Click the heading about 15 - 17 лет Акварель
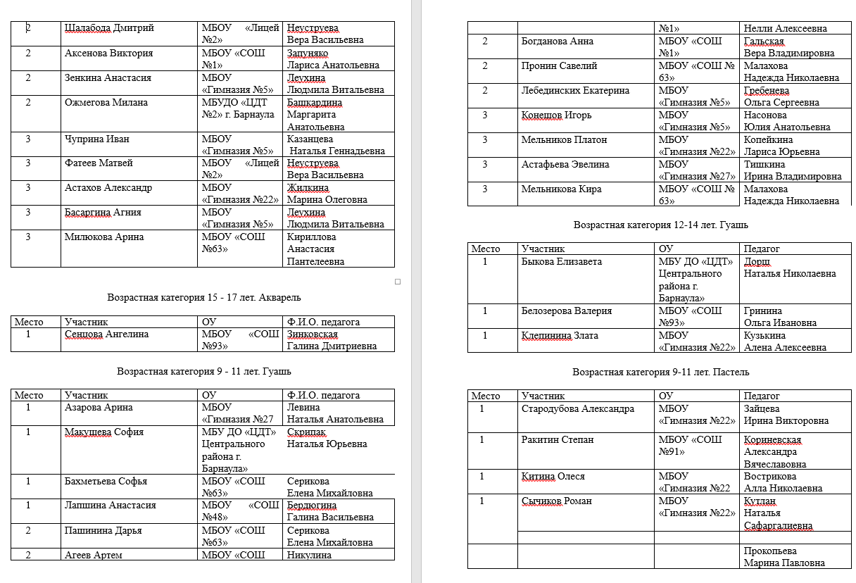point(203,298)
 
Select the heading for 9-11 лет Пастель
point(660,372)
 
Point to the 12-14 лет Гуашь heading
point(660,225)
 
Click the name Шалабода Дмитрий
point(109,28)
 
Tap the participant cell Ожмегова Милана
point(106,103)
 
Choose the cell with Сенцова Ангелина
point(106,334)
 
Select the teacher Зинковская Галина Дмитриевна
point(332,340)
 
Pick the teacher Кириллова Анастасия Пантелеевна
point(315,249)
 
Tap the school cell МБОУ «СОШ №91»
point(690,445)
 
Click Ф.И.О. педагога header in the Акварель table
point(323,322)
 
